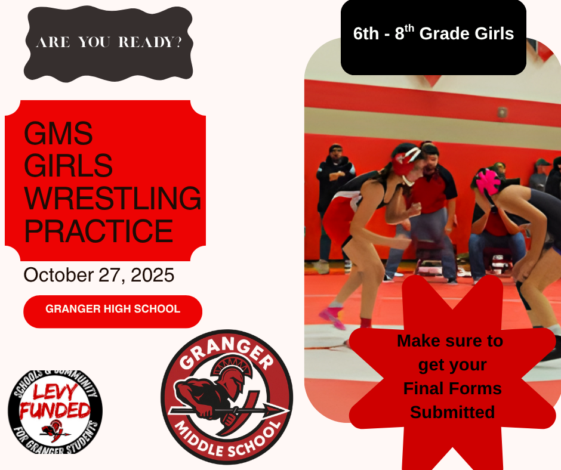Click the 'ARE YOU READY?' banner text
pyautogui.click(x=109, y=43)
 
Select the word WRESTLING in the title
pyautogui.click(x=112, y=198)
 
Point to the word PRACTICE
pyautogui.click(x=98, y=231)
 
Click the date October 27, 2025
pyautogui.click(x=98, y=275)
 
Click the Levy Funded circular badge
pyautogui.click(x=55, y=412)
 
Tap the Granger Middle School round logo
pyautogui.click(x=227, y=397)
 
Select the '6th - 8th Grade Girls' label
pyautogui.click(x=433, y=33)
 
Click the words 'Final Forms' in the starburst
pyautogui.click(x=452, y=389)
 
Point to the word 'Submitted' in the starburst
pyautogui.click(x=452, y=412)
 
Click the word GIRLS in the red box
pyautogui.click(x=68, y=166)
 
